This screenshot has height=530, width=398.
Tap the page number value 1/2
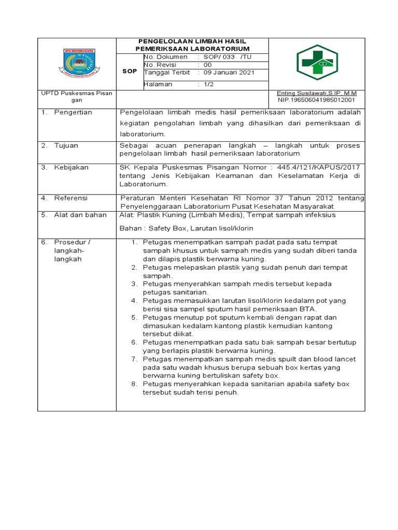pos(209,84)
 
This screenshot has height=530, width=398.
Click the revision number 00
pos(207,65)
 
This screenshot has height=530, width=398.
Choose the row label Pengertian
pos(73,112)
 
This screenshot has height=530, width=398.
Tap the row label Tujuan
pos(66,145)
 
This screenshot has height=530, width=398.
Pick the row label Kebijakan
pos(72,167)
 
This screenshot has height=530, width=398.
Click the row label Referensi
pos(71,198)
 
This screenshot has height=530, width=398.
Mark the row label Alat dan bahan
pos(80,214)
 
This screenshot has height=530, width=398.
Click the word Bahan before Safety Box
pos(130,228)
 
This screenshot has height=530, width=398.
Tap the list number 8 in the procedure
pos(133,384)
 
